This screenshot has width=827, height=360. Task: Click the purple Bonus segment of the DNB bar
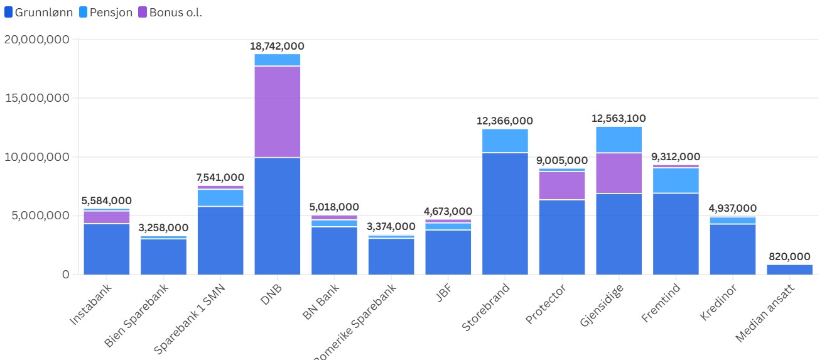tap(277, 111)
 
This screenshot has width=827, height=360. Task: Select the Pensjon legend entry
tap(105, 13)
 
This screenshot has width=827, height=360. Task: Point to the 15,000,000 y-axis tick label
tap(36, 98)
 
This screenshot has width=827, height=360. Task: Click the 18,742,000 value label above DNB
tap(277, 46)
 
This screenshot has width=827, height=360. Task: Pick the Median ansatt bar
tap(789, 270)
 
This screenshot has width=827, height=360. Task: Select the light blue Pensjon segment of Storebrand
tap(505, 141)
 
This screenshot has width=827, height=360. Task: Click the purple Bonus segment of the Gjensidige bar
tap(619, 173)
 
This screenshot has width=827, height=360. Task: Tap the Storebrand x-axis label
tap(486, 307)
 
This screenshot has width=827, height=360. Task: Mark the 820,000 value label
tap(789, 256)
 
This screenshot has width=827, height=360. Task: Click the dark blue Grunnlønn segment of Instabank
tap(107, 249)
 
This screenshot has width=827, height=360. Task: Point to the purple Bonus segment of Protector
tap(562, 185)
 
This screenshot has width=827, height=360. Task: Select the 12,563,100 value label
tap(619, 119)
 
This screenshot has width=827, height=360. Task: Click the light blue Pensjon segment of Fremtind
tap(676, 180)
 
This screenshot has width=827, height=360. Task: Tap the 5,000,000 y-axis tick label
tap(40, 215)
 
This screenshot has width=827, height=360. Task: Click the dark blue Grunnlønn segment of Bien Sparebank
tap(163, 256)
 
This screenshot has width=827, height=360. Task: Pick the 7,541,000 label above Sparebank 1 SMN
tap(220, 178)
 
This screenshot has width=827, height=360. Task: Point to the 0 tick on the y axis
tap(65, 275)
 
